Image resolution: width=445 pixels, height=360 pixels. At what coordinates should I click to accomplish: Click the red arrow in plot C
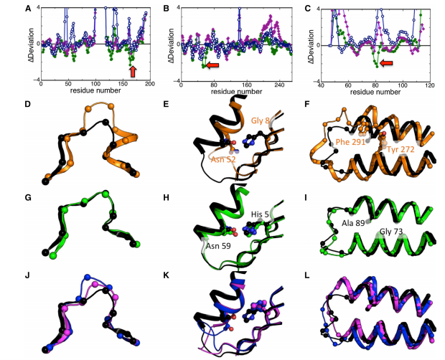(387, 64)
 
